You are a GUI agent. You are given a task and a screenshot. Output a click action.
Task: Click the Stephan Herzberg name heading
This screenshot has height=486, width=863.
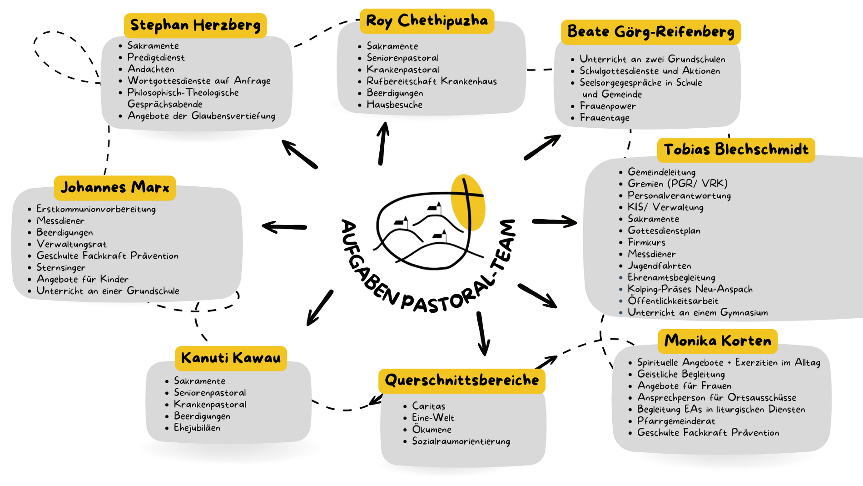coord(195,25)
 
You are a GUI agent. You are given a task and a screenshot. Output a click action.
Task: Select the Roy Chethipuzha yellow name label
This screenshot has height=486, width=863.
coord(427,21)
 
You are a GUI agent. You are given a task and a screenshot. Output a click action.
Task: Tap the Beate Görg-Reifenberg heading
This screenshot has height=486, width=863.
coord(650,32)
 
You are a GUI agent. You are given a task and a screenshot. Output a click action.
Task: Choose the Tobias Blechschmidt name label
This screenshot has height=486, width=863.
coord(736,150)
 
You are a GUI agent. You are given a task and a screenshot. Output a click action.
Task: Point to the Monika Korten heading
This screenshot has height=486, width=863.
coord(718,341)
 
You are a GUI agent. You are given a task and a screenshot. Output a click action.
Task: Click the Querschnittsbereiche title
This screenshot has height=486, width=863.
coord(461,380)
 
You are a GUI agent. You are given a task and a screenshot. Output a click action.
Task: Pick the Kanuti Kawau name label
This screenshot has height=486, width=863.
coord(231,358)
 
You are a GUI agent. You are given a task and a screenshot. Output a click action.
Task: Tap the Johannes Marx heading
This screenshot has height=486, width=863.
coord(115,187)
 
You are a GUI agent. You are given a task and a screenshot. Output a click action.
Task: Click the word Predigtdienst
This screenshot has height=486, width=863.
coord(156,57)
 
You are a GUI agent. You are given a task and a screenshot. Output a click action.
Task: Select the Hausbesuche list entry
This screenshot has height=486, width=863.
coord(394,105)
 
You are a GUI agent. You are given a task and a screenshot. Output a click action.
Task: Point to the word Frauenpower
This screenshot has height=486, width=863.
coord(607,106)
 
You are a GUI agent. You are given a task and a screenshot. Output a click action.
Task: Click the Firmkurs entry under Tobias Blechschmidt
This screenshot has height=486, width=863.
coord(646,242)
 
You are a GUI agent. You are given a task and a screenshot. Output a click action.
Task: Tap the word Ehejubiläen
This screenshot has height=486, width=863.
coord(197,428)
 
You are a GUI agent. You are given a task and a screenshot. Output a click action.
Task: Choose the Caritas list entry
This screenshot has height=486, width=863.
coord(428,406)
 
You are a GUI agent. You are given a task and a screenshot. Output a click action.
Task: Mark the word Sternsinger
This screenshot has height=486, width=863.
coord(61,267)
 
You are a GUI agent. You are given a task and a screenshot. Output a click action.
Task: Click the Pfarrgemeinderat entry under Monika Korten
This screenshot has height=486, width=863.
coord(676,421)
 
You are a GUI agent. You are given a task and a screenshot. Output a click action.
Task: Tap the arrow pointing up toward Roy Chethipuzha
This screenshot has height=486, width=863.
coord(383,143)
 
